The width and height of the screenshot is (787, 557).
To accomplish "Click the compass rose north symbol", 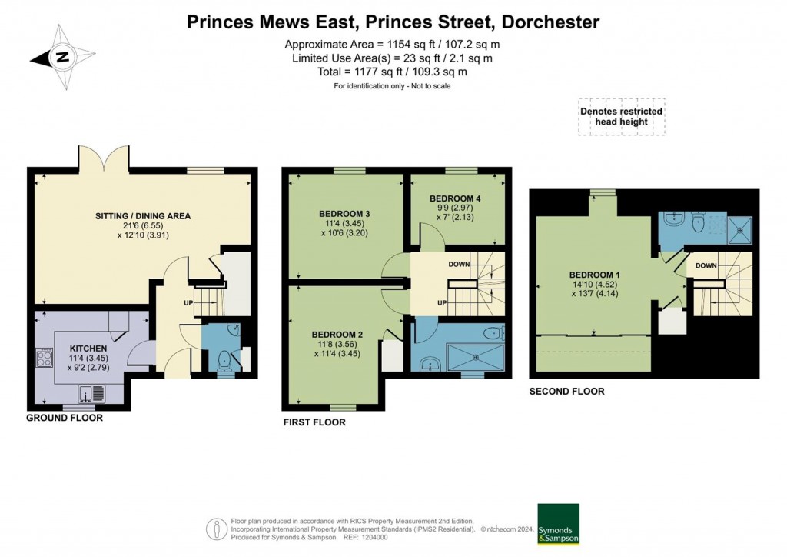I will pyautogui.click(x=63, y=57).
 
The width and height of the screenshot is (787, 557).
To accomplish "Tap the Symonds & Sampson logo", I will pyautogui.click(x=558, y=525).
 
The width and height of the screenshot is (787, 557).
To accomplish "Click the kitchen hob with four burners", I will pyautogui.click(x=43, y=359).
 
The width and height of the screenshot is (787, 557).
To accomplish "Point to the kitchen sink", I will pyautogui.click(x=98, y=395).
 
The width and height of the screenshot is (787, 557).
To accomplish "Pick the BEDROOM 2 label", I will pyautogui.click(x=337, y=335).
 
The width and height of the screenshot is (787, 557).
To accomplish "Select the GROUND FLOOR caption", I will pyautogui.click(x=65, y=418).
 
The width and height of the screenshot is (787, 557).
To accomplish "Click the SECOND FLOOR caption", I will pyautogui.click(x=566, y=392).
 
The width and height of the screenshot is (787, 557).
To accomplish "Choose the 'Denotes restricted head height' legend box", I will pyautogui.click(x=621, y=117).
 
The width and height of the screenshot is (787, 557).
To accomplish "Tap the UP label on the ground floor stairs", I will pyautogui.click(x=188, y=302).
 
